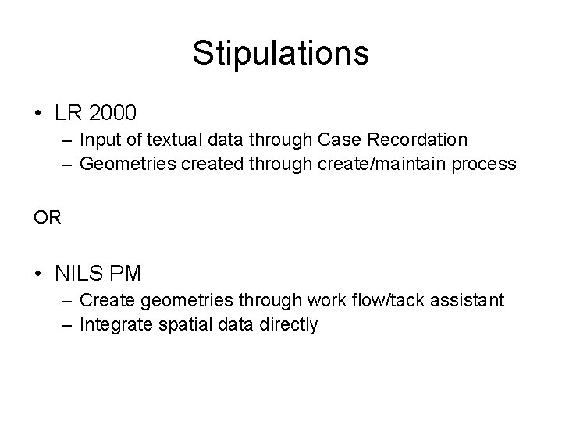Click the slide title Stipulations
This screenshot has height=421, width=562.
pos(280,53)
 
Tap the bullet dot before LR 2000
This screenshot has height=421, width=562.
pos(39,114)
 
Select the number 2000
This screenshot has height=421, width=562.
pos(112,113)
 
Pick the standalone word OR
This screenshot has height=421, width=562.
pos(46,218)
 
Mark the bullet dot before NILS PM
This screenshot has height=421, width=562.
pos(39,274)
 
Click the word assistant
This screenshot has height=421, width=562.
pos(471,300)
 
